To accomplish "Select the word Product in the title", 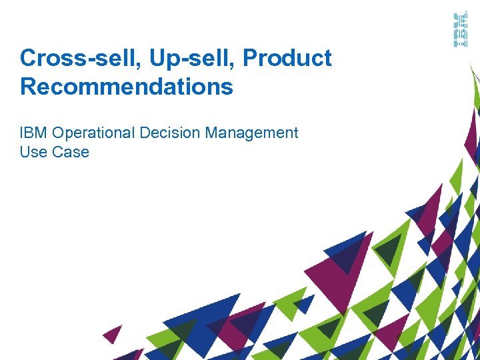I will click(x=287, y=59).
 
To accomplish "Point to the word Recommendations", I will click(x=127, y=87).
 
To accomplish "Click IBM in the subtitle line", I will click(x=33, y=133).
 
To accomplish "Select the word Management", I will click(x=251, y=133).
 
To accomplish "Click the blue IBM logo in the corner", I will click(x=460, y=30).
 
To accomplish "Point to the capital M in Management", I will click(x=212, y=133).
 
